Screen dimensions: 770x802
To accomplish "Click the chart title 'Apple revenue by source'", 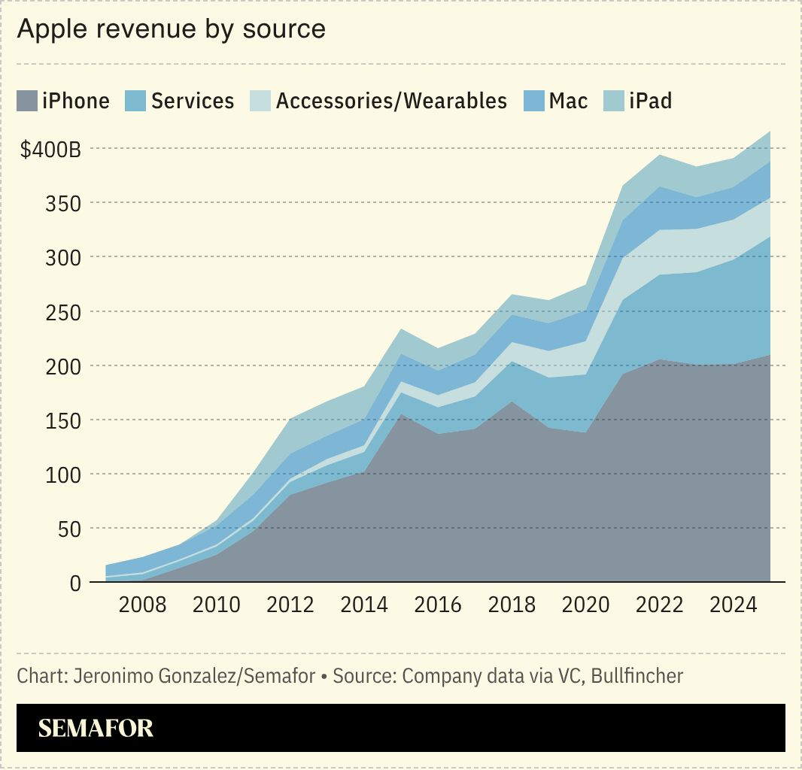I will click(x=172, y=29).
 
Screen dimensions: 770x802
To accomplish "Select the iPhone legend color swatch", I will click(x=26, y=101).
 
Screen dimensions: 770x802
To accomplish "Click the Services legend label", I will click(x=193, y=101).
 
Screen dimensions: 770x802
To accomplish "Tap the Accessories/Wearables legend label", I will click(x=391, y=101).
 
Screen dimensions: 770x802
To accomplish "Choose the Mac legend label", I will click(x=568, y=101).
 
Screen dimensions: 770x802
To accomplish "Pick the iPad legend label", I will click(x=650, y=101).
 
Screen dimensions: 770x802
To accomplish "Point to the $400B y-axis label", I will click(x=50, y=150).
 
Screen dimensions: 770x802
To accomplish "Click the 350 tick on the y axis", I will click(x=64, y=204).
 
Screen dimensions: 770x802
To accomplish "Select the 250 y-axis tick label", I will click(x=64, y=312).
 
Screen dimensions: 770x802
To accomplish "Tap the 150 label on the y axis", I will click(x=64, y=421).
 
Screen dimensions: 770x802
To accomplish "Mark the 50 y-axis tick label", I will click(x=68, y=529).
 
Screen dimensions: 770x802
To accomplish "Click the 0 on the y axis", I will click(x=75, y=584).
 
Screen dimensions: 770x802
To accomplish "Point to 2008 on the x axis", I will click(x=143, y=605).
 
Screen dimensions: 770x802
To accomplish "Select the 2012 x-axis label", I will click(x=290, y=605).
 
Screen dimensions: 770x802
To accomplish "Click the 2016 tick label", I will click(x=438, y=605).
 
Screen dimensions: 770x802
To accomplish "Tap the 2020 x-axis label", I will click(x=585, y=605).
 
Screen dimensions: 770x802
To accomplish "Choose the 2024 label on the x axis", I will click(x=733, y=605).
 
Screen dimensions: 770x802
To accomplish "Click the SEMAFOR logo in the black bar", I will click(x=96, y=728).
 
